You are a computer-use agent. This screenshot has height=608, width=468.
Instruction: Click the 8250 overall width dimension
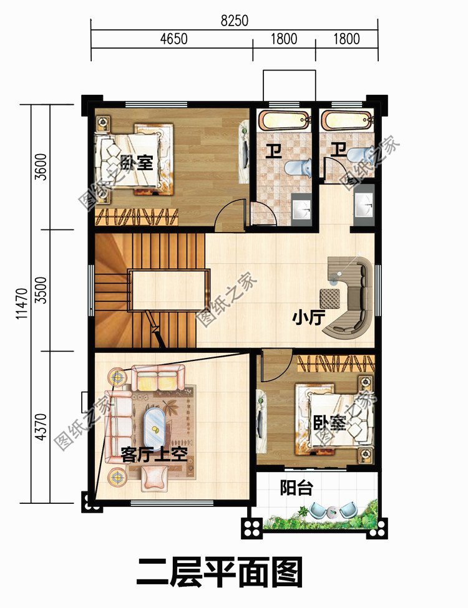pos(234,21)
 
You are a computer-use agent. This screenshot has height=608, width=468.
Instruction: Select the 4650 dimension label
pos(173,39)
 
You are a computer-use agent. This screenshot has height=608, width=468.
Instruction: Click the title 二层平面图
pos(219,572)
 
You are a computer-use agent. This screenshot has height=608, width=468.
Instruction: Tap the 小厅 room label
pos(309,318)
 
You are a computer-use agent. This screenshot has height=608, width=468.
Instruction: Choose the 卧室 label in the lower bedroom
pos(329,423)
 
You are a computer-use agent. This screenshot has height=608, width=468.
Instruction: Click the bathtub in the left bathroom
pos(284,120)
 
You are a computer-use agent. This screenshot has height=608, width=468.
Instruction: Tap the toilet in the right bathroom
pos(359,156)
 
